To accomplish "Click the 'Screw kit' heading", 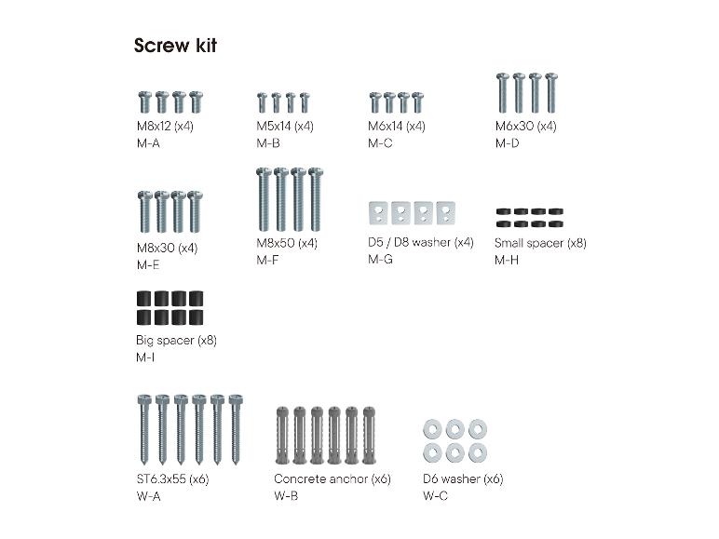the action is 175,46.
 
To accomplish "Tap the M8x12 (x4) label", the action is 165,126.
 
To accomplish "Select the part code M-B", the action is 268,143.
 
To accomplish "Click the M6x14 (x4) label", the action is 397,126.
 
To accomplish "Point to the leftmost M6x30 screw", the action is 503,93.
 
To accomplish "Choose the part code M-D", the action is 508,143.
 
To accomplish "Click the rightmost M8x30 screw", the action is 195,211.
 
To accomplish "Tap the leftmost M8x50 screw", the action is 264,199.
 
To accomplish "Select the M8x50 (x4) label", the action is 287,243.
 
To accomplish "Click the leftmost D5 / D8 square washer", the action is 378,213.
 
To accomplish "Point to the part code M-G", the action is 380,260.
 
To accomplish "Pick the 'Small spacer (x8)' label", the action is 540,243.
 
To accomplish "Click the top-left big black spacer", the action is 143,299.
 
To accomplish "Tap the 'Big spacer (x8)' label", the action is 176,341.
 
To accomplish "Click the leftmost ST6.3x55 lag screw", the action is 144,429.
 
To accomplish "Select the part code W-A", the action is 149,496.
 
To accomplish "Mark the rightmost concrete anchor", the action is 369,435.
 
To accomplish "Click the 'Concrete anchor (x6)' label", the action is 332,479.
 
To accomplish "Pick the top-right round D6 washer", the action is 478,429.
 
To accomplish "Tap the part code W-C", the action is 435,496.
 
